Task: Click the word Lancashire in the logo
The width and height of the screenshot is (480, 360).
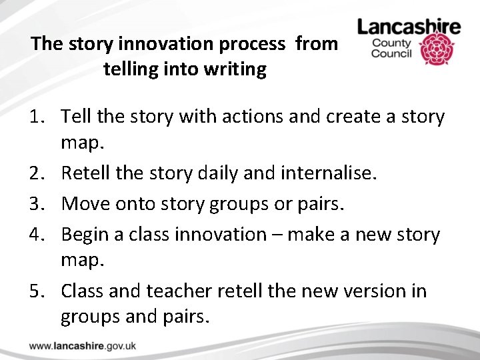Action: point(409,27)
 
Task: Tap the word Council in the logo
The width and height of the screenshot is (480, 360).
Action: point(392,54)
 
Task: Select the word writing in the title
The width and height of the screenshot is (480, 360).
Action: point(236,69)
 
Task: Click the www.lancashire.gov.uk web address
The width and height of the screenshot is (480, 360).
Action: point(83,346)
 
